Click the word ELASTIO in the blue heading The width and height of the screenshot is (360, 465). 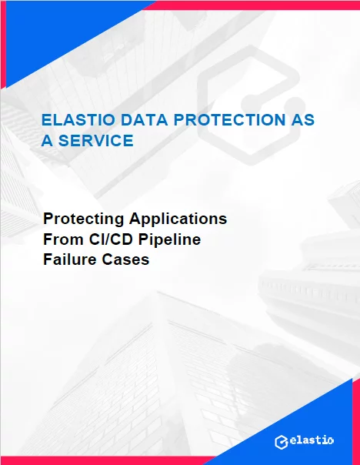click(x=78, y=120)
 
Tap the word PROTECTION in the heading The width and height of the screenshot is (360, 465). click(x=229, y=120)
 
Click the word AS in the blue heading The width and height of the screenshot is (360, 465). click(x=302, y=120)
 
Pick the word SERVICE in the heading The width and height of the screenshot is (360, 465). click(x=96, y=140)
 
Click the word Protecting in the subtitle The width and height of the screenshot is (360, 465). click(x=84, y=219)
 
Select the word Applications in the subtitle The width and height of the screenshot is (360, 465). click(x=178, y=219)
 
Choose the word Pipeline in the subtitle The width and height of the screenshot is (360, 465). click(x=169, y=239)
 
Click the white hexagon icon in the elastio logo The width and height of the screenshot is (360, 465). click(x=282, y=443)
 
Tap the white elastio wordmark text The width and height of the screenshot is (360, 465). click(x=312, y=440)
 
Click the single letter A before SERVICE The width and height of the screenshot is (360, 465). click(x=47, y=140)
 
